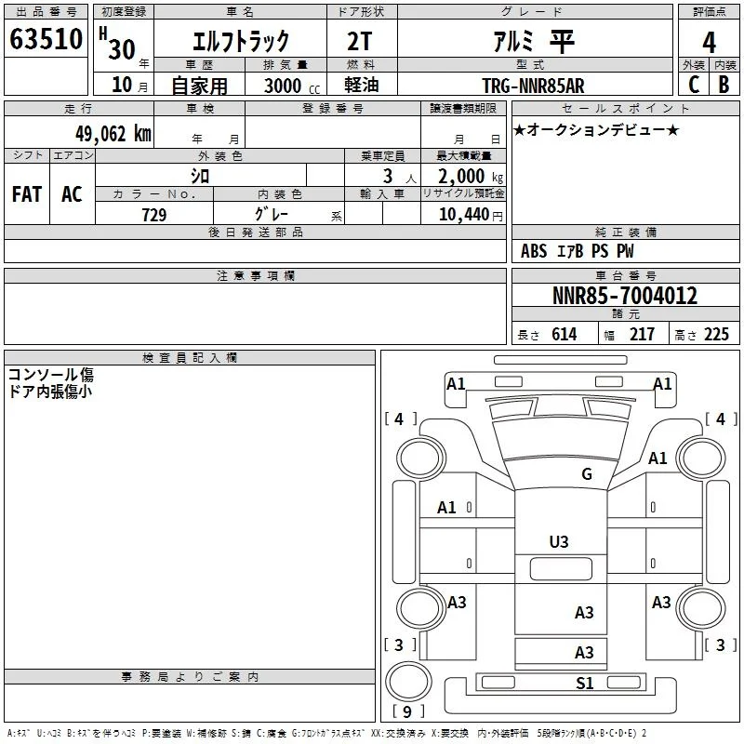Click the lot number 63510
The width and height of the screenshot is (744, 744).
point(46,38)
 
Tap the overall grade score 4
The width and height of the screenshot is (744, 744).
point(709,42)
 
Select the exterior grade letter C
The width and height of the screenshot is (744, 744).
point(694,85)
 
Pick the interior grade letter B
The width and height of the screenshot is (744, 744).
point(724,85)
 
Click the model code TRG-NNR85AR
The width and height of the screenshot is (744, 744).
point(533,86)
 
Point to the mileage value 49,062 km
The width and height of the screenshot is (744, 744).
point(113,133)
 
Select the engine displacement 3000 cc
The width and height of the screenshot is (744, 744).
point(292,86)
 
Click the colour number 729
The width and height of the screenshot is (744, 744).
point(154,215)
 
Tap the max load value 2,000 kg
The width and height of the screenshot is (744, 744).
point(471,177)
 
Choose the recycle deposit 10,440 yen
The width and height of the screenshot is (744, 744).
point(471,215)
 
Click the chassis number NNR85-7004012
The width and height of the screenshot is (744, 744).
point(625,295)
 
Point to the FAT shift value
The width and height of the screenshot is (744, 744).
point(27,194)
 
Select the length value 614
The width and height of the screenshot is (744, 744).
point(565,334)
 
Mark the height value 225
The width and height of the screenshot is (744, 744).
point(716,334)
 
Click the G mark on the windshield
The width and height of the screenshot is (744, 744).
point(587,473)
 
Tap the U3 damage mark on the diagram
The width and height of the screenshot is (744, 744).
point(559,541)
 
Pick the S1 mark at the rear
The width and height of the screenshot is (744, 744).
point(585,684)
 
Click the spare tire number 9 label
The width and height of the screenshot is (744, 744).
point(407,711)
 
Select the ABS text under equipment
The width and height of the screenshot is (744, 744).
point(534,251)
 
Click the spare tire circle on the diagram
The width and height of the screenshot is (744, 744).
point(408,682)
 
